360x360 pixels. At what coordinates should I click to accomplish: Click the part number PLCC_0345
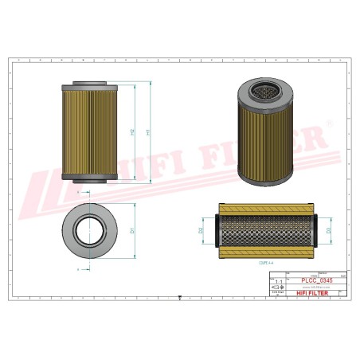pos(317,280)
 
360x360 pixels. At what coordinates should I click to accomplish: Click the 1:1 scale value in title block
pos(278,282)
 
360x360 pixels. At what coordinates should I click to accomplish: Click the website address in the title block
pos(317,287)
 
